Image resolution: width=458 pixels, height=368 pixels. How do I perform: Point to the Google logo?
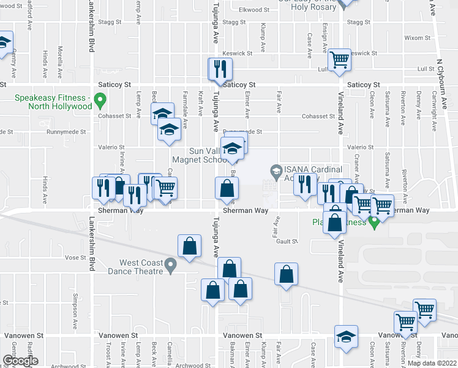pyautogui.click(x=20, y=361)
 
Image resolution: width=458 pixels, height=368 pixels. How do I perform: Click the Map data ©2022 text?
pyautogui.click(x=432, y=363)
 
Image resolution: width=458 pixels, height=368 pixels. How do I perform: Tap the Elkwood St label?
pyautogui.click(x=254, y=10)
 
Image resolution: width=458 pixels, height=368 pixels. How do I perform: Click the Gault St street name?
pyautogui.click(x=287, y=242)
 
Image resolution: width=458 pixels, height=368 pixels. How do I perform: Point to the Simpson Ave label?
pyautogui.click(x=75, y=319)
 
